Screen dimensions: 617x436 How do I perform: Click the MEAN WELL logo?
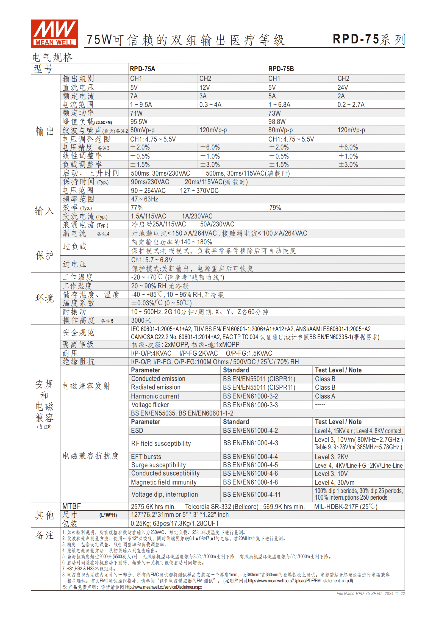(54, 34)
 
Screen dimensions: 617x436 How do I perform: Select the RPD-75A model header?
(142, 69)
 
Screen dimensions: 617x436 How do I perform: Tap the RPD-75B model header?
(281, 69)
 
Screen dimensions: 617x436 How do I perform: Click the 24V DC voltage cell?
(343, 87)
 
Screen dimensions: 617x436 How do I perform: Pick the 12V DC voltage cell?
(204, 87)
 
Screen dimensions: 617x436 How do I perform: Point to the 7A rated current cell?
(134, 96)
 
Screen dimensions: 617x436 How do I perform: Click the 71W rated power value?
(136, 113)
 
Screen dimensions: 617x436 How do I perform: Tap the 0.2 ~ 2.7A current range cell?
(351, 104)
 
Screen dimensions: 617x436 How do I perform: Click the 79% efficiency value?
(275, 207)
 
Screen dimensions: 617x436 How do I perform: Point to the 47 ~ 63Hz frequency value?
(144, 199)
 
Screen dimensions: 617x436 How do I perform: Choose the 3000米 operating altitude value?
(141, 320)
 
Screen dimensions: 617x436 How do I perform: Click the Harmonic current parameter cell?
(155, 396)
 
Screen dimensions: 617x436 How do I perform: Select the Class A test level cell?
(325, 396)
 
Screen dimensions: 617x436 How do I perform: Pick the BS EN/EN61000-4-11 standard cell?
(252, 494)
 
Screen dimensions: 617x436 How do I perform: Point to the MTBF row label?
(71, 506)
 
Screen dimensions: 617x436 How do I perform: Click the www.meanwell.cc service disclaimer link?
(163, 587)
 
